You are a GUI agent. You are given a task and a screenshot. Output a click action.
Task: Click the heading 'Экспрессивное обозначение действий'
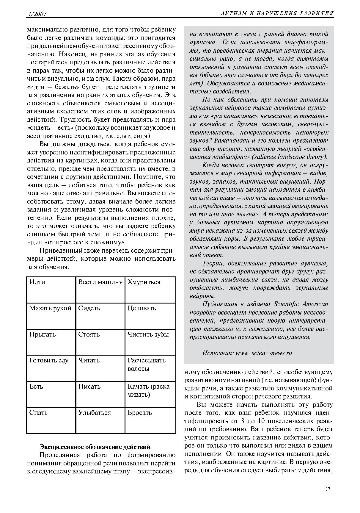click(95, 447)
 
